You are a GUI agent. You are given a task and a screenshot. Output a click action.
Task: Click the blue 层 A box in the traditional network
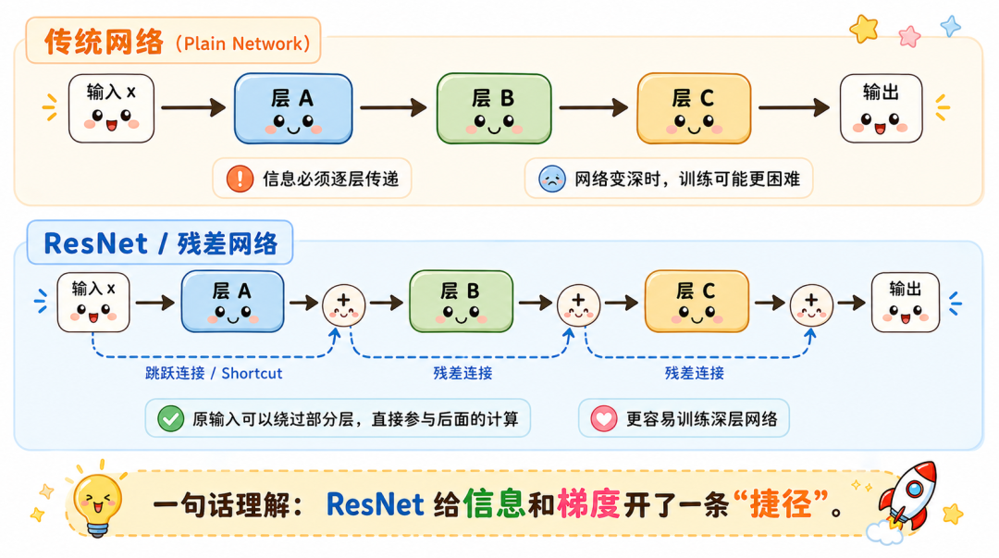pos(293,108)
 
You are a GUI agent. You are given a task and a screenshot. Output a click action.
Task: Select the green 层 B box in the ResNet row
pos(462,301)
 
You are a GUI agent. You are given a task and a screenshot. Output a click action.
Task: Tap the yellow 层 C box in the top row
pos(694,108)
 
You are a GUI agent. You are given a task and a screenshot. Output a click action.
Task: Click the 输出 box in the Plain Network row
pos(882,108)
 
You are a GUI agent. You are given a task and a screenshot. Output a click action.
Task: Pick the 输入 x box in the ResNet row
pos(93,303)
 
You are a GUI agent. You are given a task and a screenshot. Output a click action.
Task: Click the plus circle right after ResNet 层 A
pos(343,305)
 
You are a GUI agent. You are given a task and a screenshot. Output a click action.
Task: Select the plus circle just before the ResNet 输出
pos(811,305)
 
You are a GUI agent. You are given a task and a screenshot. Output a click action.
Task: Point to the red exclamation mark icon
pos(240,179)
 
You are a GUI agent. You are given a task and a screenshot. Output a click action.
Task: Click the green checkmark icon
pos(171,419)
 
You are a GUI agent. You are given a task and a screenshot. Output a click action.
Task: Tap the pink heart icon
pos(603,419)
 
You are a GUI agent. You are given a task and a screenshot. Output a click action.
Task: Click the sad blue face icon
pos(551,179)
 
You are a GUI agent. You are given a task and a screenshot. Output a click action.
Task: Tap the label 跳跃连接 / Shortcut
pos(214,373)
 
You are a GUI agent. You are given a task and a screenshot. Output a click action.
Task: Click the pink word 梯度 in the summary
pos(588,504)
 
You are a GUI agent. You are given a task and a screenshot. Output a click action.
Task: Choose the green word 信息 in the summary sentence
pos(494,504)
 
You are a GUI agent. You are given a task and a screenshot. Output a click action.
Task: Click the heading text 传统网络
pos(104,42)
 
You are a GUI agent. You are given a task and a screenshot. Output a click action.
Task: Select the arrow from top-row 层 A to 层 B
pos(393,107)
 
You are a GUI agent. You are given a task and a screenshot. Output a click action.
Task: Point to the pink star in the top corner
pos(910,36)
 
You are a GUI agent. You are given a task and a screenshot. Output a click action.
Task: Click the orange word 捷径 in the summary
pos(781,504)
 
